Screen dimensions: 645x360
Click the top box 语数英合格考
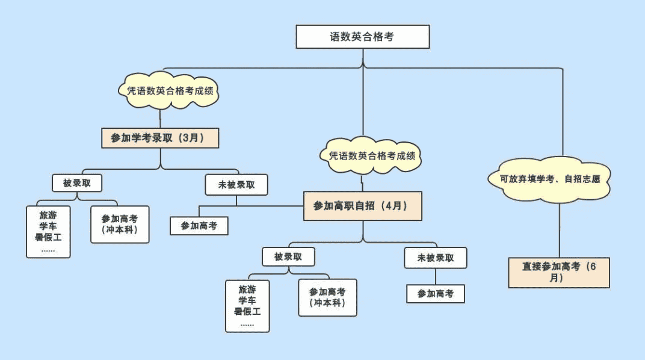coord(363,37)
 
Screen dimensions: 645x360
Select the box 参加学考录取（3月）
coord(160,138)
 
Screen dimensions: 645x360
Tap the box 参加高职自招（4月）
coord(363,206)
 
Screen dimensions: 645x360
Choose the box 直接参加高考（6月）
coord(559,272)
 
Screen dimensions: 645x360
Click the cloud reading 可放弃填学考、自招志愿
coord(549,179)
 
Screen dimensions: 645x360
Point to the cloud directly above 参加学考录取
coord(169,90)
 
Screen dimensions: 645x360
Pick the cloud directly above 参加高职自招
coord(371,155)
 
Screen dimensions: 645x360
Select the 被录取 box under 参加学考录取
coord(77,183)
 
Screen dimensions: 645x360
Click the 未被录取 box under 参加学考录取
coord(236,185)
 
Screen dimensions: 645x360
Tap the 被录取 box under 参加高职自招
coord(288,256)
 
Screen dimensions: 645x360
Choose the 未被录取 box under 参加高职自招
coord(436,258)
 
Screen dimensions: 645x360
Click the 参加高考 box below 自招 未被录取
coord(436,294)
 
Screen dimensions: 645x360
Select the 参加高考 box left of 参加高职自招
coord(199,226)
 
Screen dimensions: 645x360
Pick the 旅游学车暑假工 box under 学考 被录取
coord(48,232)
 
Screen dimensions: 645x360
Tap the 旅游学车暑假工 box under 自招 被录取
coord(247,306)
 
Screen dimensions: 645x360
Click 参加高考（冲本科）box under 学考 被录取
coord(120,225)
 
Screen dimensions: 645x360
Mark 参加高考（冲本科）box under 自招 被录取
coord(327,297)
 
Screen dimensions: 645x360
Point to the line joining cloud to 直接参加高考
coord(560,231)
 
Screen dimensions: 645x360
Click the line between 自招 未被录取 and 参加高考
coord(436,276)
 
